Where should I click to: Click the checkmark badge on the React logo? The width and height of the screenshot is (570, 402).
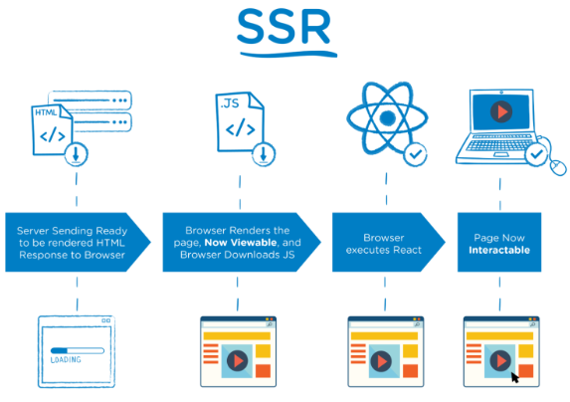(x=415, y=154)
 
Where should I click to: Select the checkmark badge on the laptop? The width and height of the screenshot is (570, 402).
(x=536, y=155)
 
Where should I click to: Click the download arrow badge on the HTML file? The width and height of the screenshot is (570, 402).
(x=77, y=154)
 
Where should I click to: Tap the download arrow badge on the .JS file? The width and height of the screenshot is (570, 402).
(x=264, y=153)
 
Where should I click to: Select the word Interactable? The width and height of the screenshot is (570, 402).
(x=499, y=250)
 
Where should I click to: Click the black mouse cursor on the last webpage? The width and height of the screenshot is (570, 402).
(x=515, y=377)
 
